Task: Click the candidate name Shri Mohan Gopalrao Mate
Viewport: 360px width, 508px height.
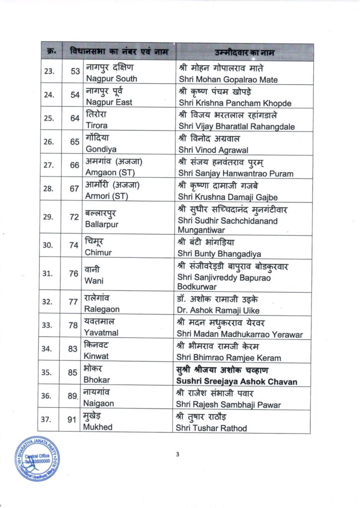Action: (228, 80)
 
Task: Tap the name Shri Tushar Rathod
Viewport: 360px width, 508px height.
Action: (213, 428)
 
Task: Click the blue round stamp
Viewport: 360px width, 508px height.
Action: (37, 459)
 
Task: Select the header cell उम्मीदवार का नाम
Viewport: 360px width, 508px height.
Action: (243, 52)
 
